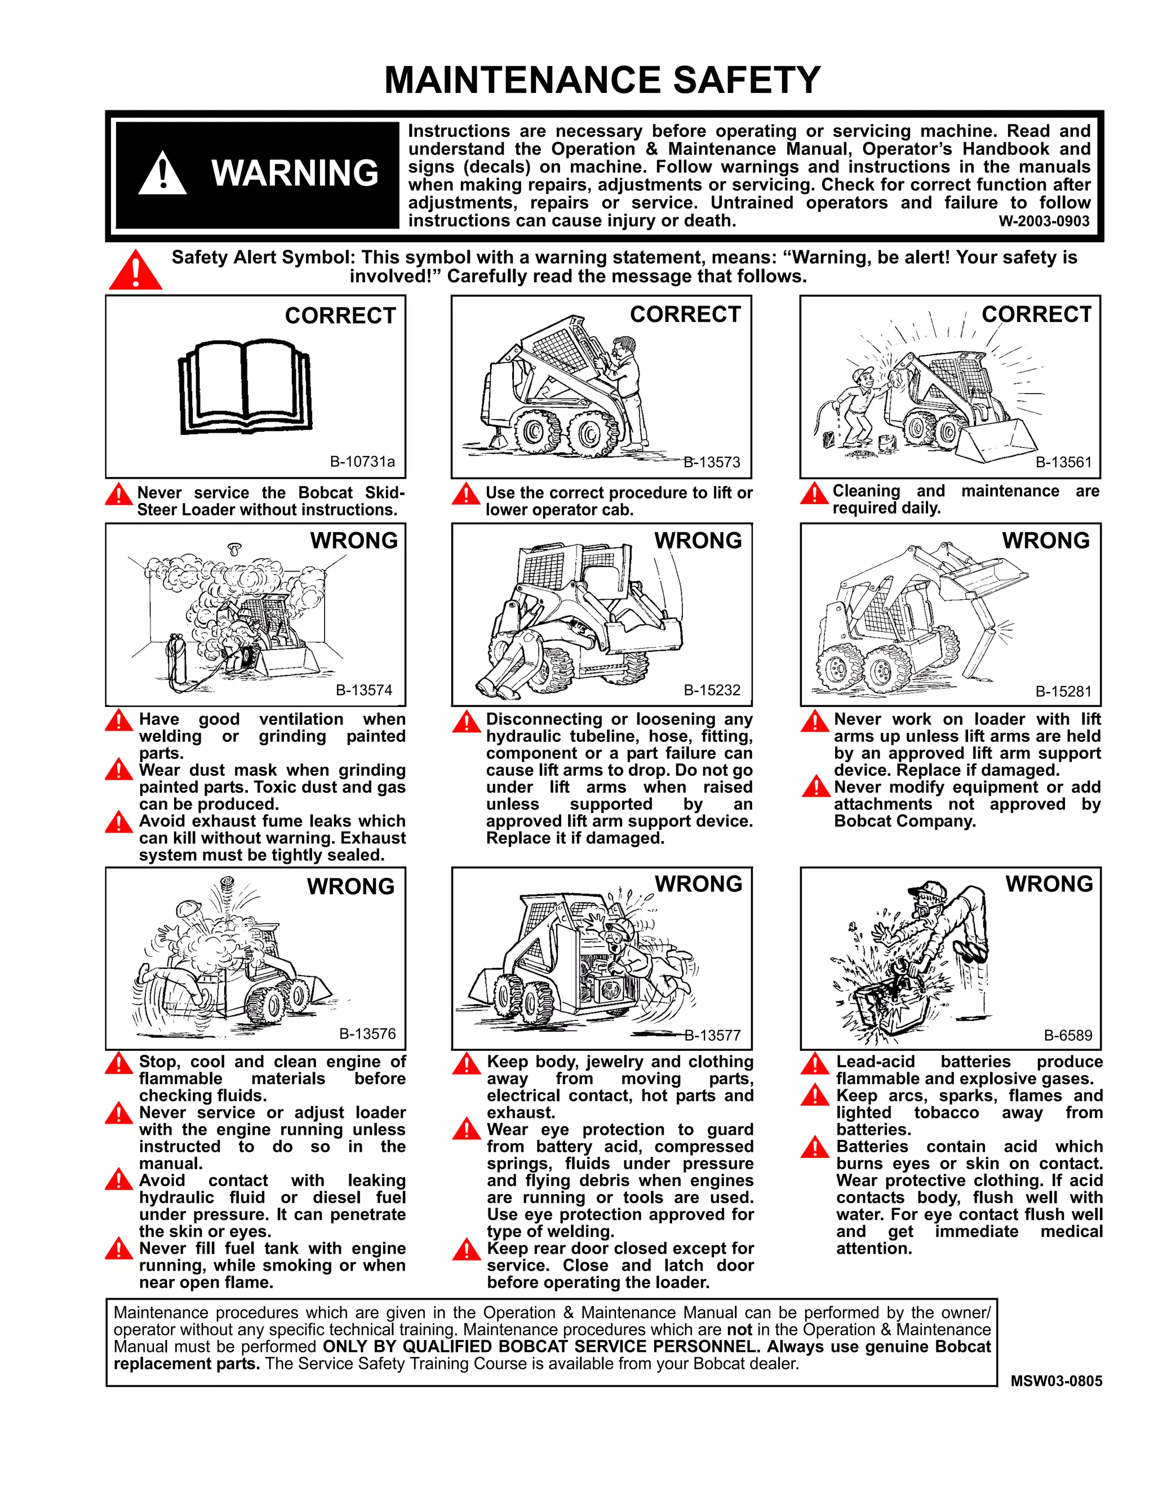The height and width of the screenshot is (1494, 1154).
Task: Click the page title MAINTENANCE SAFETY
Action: [x=602, y=80]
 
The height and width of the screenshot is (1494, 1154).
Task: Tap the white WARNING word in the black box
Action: [x=295, y=173]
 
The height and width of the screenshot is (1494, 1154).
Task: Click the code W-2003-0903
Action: [x=1044, y=222]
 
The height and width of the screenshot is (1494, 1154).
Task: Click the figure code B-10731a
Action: [x=362, y=462]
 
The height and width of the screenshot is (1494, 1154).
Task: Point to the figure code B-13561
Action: [x=1063, y=462]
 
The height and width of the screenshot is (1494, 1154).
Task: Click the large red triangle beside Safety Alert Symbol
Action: [x=135, y=271]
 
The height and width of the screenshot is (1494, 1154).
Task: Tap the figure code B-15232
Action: [x=712, y=690]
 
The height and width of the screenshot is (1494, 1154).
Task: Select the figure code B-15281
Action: [x=1063, y=692]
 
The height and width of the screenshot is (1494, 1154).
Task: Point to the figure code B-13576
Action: [x=367, y=1033]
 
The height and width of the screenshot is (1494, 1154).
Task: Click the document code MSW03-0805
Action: [x=1057, y=1381]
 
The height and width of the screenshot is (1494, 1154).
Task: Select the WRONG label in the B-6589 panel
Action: [x=1049, y=884]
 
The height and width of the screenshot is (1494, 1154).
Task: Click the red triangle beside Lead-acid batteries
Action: [x=814, y=1064]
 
